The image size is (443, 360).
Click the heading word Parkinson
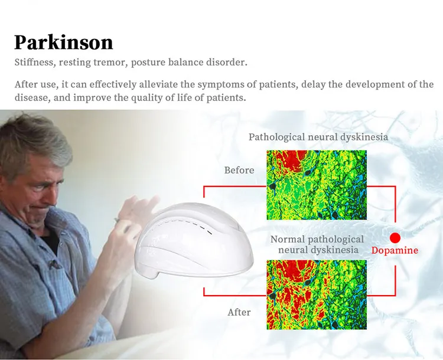pyautogui.click(x=63, y=42)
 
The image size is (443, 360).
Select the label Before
pyautogui.click(x=239, y=171)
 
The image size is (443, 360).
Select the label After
pyautogui.click(x=239, y=312)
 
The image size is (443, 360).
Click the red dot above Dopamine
pyautogui.click(x=395, y=238)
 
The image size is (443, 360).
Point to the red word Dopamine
pyautogui.click(x=395, y=251)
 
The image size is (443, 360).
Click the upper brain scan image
pyautogui.click(x=316, y=185)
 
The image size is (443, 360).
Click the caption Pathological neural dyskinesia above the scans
pyautogui.click(x=318, y=138)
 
